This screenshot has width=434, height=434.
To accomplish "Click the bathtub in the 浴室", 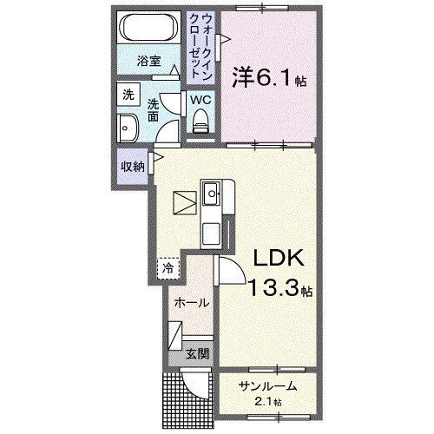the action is (x=148, y=28).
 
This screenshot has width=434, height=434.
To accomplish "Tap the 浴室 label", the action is (x=148, y=62).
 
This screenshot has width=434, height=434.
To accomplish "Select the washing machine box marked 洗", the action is (x=128, y=95).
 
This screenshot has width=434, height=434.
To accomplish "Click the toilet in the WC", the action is (x=201, y=121).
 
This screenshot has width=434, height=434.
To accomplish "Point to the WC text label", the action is (x=201, y=100).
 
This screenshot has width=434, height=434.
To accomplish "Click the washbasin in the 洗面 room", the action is (x=128, y=128).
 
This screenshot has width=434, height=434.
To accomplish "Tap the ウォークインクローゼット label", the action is (x=201, y=46).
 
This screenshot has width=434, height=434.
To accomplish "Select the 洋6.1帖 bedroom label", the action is (x=269, y=77).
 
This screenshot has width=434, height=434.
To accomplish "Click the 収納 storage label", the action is (x=133, y=167).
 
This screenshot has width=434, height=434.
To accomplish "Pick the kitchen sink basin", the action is (x=212, y=194).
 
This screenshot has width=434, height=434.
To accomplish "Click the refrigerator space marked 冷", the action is (x=168, y=268).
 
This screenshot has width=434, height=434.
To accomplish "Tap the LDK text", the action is (x=279, y=258).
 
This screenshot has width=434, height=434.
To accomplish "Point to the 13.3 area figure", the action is (x=273, y=288).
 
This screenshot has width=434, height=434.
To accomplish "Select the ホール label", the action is (x=191, y=303).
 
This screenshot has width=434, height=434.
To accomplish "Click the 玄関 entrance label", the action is (x=198, y=353).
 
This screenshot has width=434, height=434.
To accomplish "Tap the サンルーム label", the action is (x=268, y=386).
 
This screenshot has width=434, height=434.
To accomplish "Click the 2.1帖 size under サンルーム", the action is (x=267, y=402).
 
